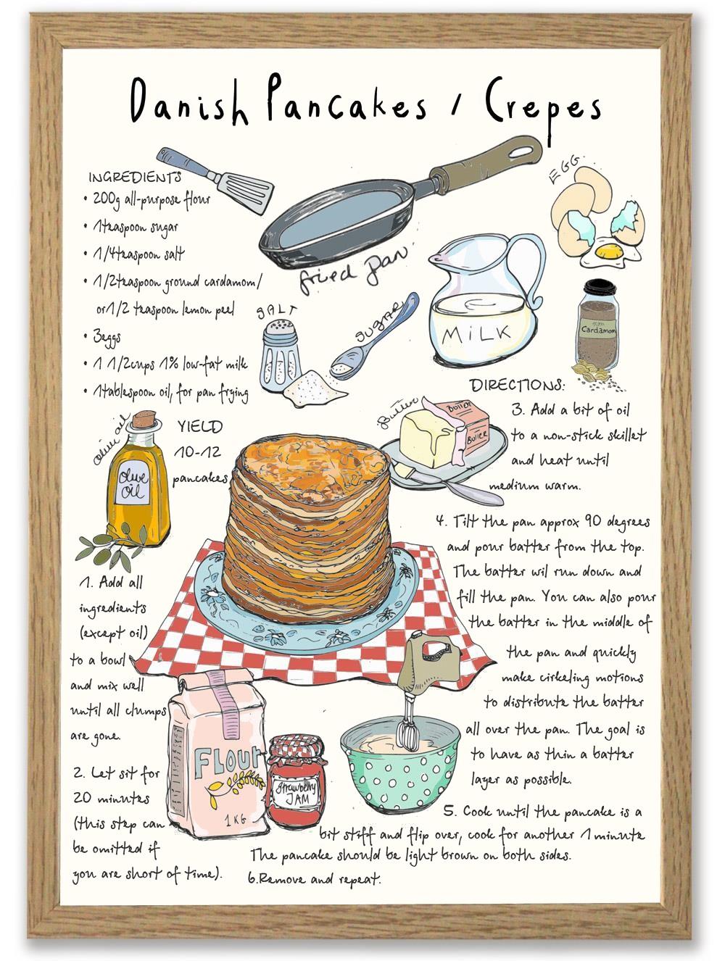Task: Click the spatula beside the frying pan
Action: point(215,179)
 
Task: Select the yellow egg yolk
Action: point(609,251)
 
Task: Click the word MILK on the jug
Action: point(476,333)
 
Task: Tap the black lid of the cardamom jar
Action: point(600,287)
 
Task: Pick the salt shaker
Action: point(280,354)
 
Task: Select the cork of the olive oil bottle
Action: point(144,419)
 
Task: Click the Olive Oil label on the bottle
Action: point(132,484)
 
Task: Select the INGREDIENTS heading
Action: point(135,177)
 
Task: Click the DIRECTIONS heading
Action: point(517,385)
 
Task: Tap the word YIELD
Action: point(200,426)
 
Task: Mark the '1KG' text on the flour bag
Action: point(235,819)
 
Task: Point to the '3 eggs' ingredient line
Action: point(107,337)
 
